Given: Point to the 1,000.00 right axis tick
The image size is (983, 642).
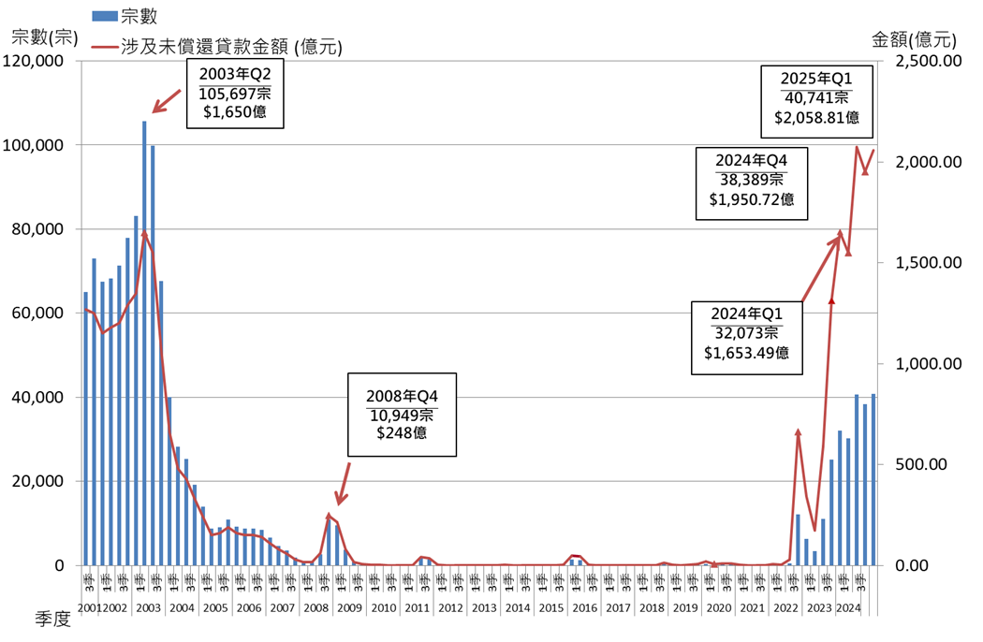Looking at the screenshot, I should [x=927, y=364].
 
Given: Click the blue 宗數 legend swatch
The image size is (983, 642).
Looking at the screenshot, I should [x=104, y=15].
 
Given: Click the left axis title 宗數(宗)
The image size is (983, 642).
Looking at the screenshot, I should [x=42, y=37].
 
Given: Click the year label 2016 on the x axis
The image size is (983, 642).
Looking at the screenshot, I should [x=584, y=608].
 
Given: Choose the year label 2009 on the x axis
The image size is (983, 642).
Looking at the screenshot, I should [x=349, y=608].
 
